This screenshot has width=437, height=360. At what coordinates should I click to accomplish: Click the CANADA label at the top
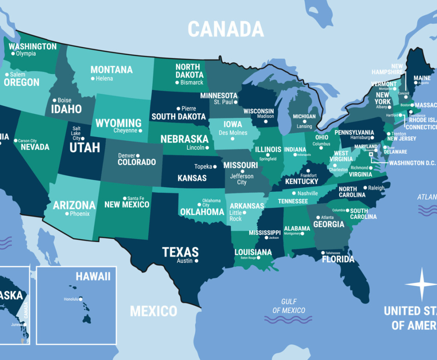[x=226, y=29]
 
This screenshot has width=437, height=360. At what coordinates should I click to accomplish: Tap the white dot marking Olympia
[x=13, y=54]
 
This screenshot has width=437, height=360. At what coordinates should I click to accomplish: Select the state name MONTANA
[x=111, y=70]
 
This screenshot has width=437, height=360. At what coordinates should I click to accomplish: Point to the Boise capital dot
[x=55, y=101]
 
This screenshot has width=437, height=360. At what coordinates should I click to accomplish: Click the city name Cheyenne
[x=125, y=131]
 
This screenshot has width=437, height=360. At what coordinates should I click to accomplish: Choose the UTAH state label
[x=85, y=148]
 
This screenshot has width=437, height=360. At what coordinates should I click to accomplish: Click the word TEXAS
[x=180, y=252]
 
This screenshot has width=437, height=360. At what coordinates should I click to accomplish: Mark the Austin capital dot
[x=196, y=261]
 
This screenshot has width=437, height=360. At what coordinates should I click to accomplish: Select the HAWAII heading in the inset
[x=93, y=276]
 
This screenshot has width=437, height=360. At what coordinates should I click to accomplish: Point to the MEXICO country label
[x=153, y=311]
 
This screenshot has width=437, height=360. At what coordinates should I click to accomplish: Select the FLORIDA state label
[x=338, y=259]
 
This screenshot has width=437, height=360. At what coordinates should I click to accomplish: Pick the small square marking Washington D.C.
[x=371, y=155]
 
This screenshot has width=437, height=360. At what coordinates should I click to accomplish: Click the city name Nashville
[x=308, y=193]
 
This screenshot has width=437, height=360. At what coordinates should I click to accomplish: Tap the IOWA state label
[x=233, y=124]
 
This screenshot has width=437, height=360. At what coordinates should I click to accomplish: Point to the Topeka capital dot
[x=215, y=167]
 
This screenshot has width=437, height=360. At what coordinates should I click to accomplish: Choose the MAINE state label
[x=422, y=78]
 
